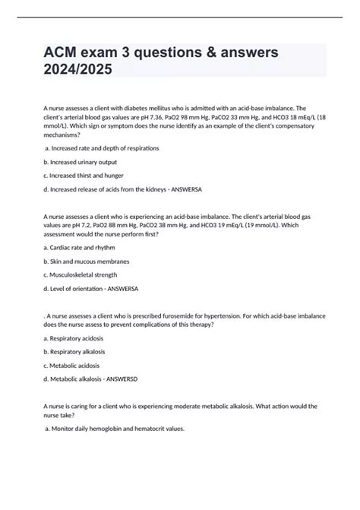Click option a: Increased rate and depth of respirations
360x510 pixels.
pos(103,147)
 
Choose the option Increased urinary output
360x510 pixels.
pos(80,162)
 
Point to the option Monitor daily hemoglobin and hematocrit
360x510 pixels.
pos(114,429)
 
